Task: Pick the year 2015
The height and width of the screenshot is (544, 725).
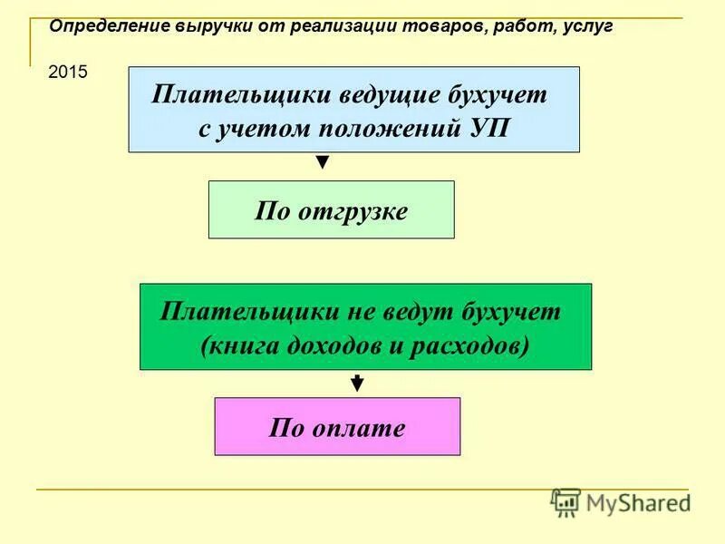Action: point(68,73)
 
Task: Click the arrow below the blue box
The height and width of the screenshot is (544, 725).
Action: point(322,163)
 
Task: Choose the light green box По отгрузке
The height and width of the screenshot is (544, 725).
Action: point(331,209)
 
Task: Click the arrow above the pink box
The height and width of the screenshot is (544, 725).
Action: point(357,384)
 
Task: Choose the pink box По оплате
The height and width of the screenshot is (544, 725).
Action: point(337,426)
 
